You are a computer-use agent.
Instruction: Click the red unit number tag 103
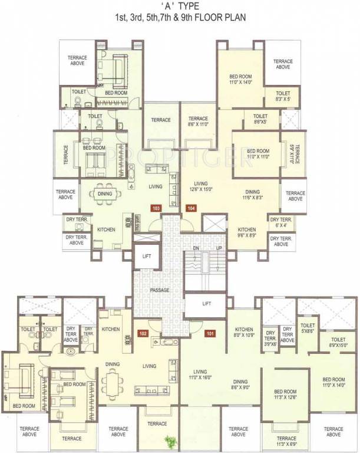[x=156, y=208]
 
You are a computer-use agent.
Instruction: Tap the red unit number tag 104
[x=191, y=208]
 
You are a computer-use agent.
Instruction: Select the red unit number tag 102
[x=142, y=333]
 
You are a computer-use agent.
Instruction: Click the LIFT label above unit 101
[x=206, y=304]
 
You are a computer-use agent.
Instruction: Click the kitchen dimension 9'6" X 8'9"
[x=246, y=235]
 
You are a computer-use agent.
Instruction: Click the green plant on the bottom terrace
[x=171, y=441]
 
